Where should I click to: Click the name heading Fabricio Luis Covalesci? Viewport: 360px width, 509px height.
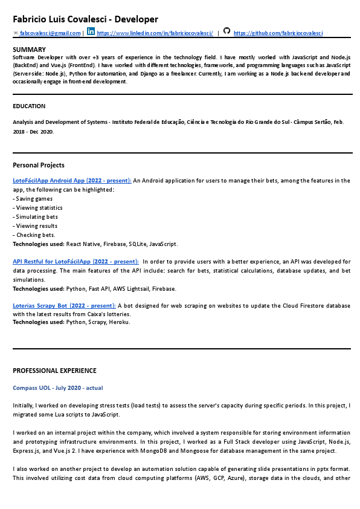pyautogui.click(x=85, y=20)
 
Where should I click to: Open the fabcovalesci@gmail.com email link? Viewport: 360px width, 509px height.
pyautogui.click(x=50, y=33)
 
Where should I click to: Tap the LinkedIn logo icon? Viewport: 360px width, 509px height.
pyautogui.click(x=91, y=31)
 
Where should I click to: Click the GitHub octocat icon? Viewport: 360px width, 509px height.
pyautogui.click(x=227, y=31)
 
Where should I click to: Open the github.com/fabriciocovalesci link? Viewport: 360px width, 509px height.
pyautogui.click(x=278, y=33)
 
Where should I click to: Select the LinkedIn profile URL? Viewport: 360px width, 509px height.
pyautogui.click(x=155, y=33)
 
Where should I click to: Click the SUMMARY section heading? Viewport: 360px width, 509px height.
pyautogui.click(x=29, y=50)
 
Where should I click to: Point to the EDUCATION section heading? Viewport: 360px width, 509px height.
pyautogui.click(x=29, y=106)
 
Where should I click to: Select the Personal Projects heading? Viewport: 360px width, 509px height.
pyautogui.click(x=39, y=165)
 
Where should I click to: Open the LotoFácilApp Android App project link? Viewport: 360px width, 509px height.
pyautogui.click(x=72, y=181)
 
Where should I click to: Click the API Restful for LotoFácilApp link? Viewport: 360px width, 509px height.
pyautogui.click(x=76, y=262)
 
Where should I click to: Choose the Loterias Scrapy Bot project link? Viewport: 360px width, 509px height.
pyautogui.click(x=64, y=306)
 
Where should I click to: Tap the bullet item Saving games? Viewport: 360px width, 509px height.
pyautogui.click(x=34, y=199)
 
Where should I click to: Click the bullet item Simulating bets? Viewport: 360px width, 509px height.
pyautogui.click(x=37, y=217)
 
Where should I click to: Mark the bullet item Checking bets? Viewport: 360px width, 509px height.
pyautogui.click(x=36, y=235)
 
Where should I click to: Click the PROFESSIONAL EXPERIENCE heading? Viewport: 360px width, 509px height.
pyautogui.click(x=54, y=371)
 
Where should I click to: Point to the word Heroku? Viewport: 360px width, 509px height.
pyautogui.click(x=120, y=322)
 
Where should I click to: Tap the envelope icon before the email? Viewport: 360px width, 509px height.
pyautogui.click(x=15, y=33)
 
